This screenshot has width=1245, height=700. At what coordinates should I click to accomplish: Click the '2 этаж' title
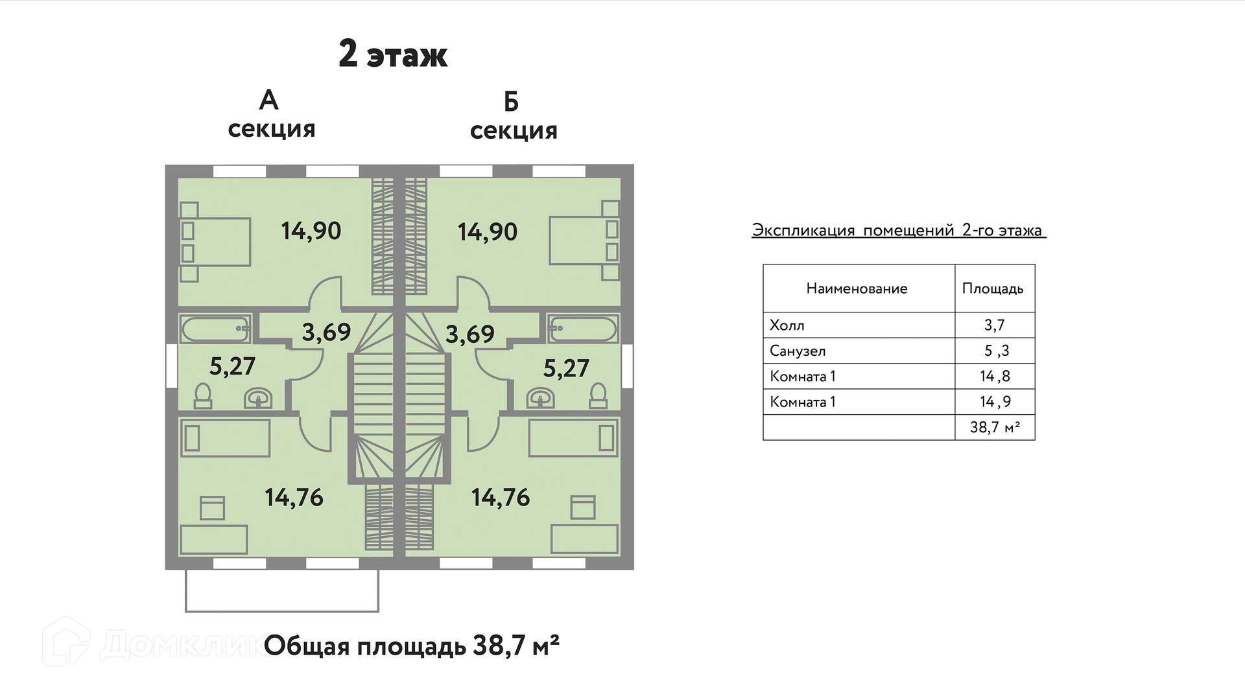point(393,54)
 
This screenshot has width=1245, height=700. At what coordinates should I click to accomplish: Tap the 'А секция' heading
point(271,115)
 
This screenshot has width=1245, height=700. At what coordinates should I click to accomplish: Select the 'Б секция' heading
point(513,117)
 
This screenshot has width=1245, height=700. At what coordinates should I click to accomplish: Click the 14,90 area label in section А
point(311,231)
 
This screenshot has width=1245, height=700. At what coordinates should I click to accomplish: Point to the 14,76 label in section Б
point(500,498)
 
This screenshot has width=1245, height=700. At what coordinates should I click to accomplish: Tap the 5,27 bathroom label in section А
point(232,366)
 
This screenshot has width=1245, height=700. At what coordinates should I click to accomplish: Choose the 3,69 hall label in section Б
point(469,334)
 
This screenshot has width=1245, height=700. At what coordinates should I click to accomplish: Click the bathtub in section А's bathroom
point(215,329)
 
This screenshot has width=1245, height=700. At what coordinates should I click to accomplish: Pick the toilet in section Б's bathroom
point(598,395)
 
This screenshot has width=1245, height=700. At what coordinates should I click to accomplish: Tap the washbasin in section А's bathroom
point(258,398)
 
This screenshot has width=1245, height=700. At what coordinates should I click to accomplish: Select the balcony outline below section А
point(282,591)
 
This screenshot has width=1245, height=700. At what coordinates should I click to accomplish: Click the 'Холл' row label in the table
point(787,325)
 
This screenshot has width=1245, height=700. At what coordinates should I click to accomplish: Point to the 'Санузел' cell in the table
point(797,351)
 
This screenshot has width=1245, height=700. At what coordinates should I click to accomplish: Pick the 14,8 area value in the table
point(994,377)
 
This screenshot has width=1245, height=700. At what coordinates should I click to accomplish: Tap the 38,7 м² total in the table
point(994,427)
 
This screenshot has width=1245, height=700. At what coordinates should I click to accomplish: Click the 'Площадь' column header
point(992,288)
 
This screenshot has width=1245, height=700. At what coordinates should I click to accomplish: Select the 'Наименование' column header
point(857,288)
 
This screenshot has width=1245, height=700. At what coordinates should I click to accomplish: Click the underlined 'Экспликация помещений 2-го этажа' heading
point(897,231)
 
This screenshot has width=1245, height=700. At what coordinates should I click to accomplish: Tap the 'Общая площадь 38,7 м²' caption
point(411,646)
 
